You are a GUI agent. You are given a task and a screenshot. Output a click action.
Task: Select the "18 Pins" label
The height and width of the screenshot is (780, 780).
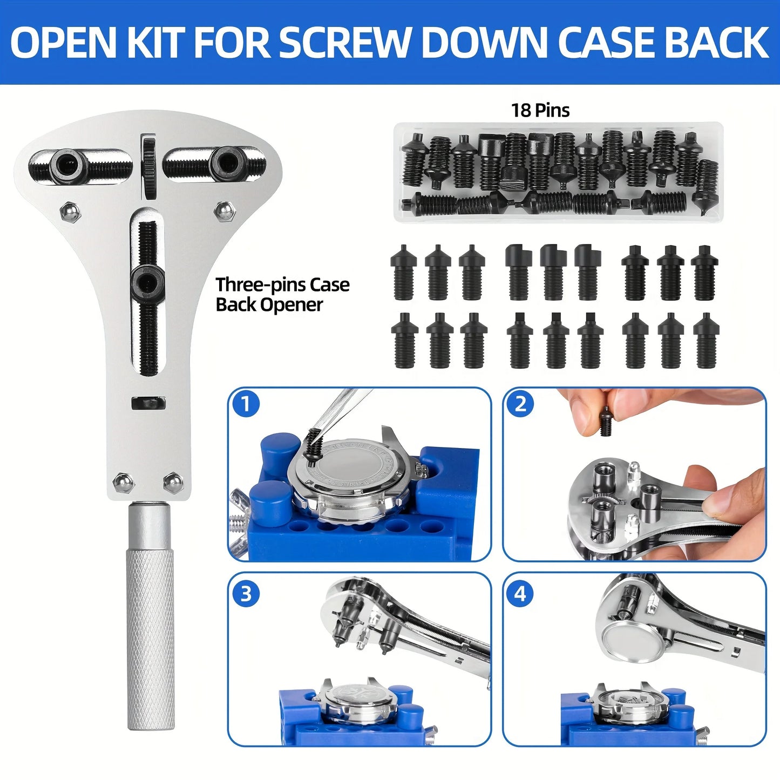coord(540,111)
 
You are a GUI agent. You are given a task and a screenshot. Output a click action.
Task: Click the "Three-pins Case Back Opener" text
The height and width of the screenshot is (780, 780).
coord(282,295)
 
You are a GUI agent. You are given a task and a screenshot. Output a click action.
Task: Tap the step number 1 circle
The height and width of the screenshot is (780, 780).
coord(246,404)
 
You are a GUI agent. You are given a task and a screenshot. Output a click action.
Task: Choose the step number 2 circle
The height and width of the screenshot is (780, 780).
coord(520,404)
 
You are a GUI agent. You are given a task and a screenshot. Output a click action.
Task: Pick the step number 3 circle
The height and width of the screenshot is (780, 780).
coord(246,594)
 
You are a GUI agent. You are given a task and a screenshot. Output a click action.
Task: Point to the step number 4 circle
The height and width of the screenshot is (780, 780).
coord(520,594)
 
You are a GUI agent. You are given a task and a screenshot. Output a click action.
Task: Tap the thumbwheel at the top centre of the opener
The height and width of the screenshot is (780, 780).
coord(148,162)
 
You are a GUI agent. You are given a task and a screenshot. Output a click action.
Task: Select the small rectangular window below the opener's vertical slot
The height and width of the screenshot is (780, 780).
coord(148,403)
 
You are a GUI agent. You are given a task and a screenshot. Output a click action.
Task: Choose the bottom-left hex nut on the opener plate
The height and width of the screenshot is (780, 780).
coord(124,482)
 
